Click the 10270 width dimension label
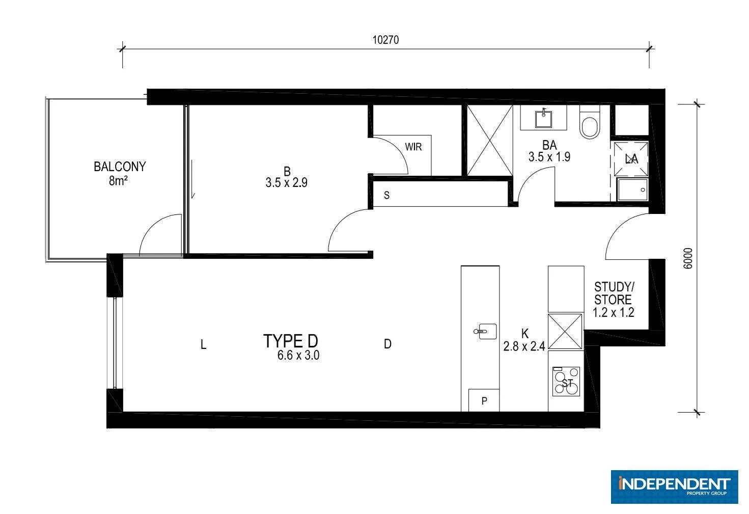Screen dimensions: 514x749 (x=385, y=40)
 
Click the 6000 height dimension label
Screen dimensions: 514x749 (x=688, y=259)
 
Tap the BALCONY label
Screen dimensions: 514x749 (x=120, y=167)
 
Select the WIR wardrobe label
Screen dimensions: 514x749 (x=413, y=147)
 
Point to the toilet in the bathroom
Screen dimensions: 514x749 (x=590, y=123)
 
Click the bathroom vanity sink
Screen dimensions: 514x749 (x=543, y=118)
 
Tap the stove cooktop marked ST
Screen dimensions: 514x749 (x=566, y=382)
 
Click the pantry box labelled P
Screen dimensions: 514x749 (x=484, y=401)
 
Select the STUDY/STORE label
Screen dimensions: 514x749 (x=613, y=293)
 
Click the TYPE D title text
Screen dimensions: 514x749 (x=291, y=341)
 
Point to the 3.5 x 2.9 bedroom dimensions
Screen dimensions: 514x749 (x=286, y=183)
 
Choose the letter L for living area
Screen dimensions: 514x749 (x=203, y=345)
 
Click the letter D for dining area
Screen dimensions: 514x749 (x=387, y=344)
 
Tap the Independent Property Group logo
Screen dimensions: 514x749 (x=674, y=486)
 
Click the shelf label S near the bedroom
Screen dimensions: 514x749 (x=387, y=195)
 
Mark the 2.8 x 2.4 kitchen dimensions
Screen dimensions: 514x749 (x=524, y=347)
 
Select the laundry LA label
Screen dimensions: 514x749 (x=631, y=159)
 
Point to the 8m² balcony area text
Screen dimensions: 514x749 (x=118, y=180)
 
